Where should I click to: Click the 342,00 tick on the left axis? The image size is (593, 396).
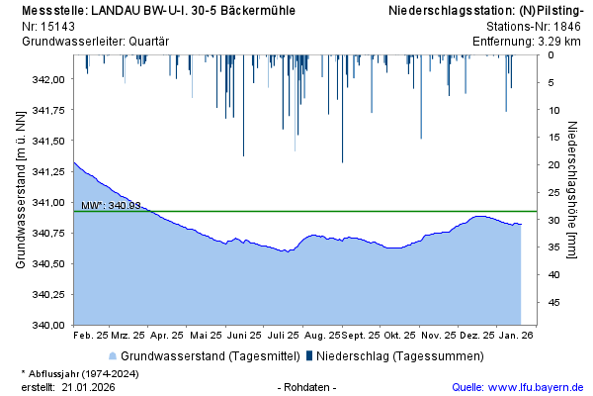point(48,79)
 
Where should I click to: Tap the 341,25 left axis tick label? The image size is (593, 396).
point(48,171)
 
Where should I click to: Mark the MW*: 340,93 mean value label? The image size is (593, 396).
point(111,205)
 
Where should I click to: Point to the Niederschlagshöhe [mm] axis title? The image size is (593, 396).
point(572,190)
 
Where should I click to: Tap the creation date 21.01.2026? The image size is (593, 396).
point(88,387)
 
